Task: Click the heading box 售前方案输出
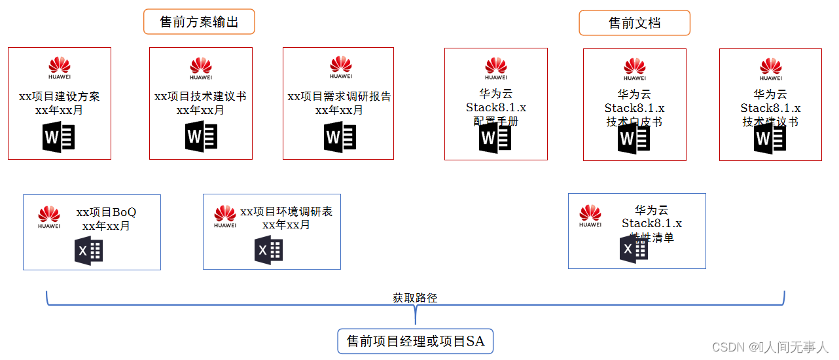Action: point(199,22)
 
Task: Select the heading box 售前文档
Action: point(634,23)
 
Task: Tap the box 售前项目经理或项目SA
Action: point(416,341)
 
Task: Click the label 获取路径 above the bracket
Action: point(415,298)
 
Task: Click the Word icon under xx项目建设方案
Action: point(59,137)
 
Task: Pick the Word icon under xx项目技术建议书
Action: point(201,137)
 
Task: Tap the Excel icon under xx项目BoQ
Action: point(88,251)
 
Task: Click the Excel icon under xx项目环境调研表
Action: point(268,250)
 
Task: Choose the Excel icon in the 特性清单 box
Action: point(634,249)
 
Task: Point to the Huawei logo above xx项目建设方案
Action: point(60,67)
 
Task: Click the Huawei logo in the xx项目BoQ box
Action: point(49,217)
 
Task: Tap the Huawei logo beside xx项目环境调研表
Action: point(225,217)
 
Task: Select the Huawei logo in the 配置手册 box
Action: point(496,68)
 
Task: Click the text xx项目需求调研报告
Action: point(339,97)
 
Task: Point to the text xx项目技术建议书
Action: point(200,97)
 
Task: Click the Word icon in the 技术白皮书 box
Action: point(634,138)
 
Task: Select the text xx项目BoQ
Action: point(106,213)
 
